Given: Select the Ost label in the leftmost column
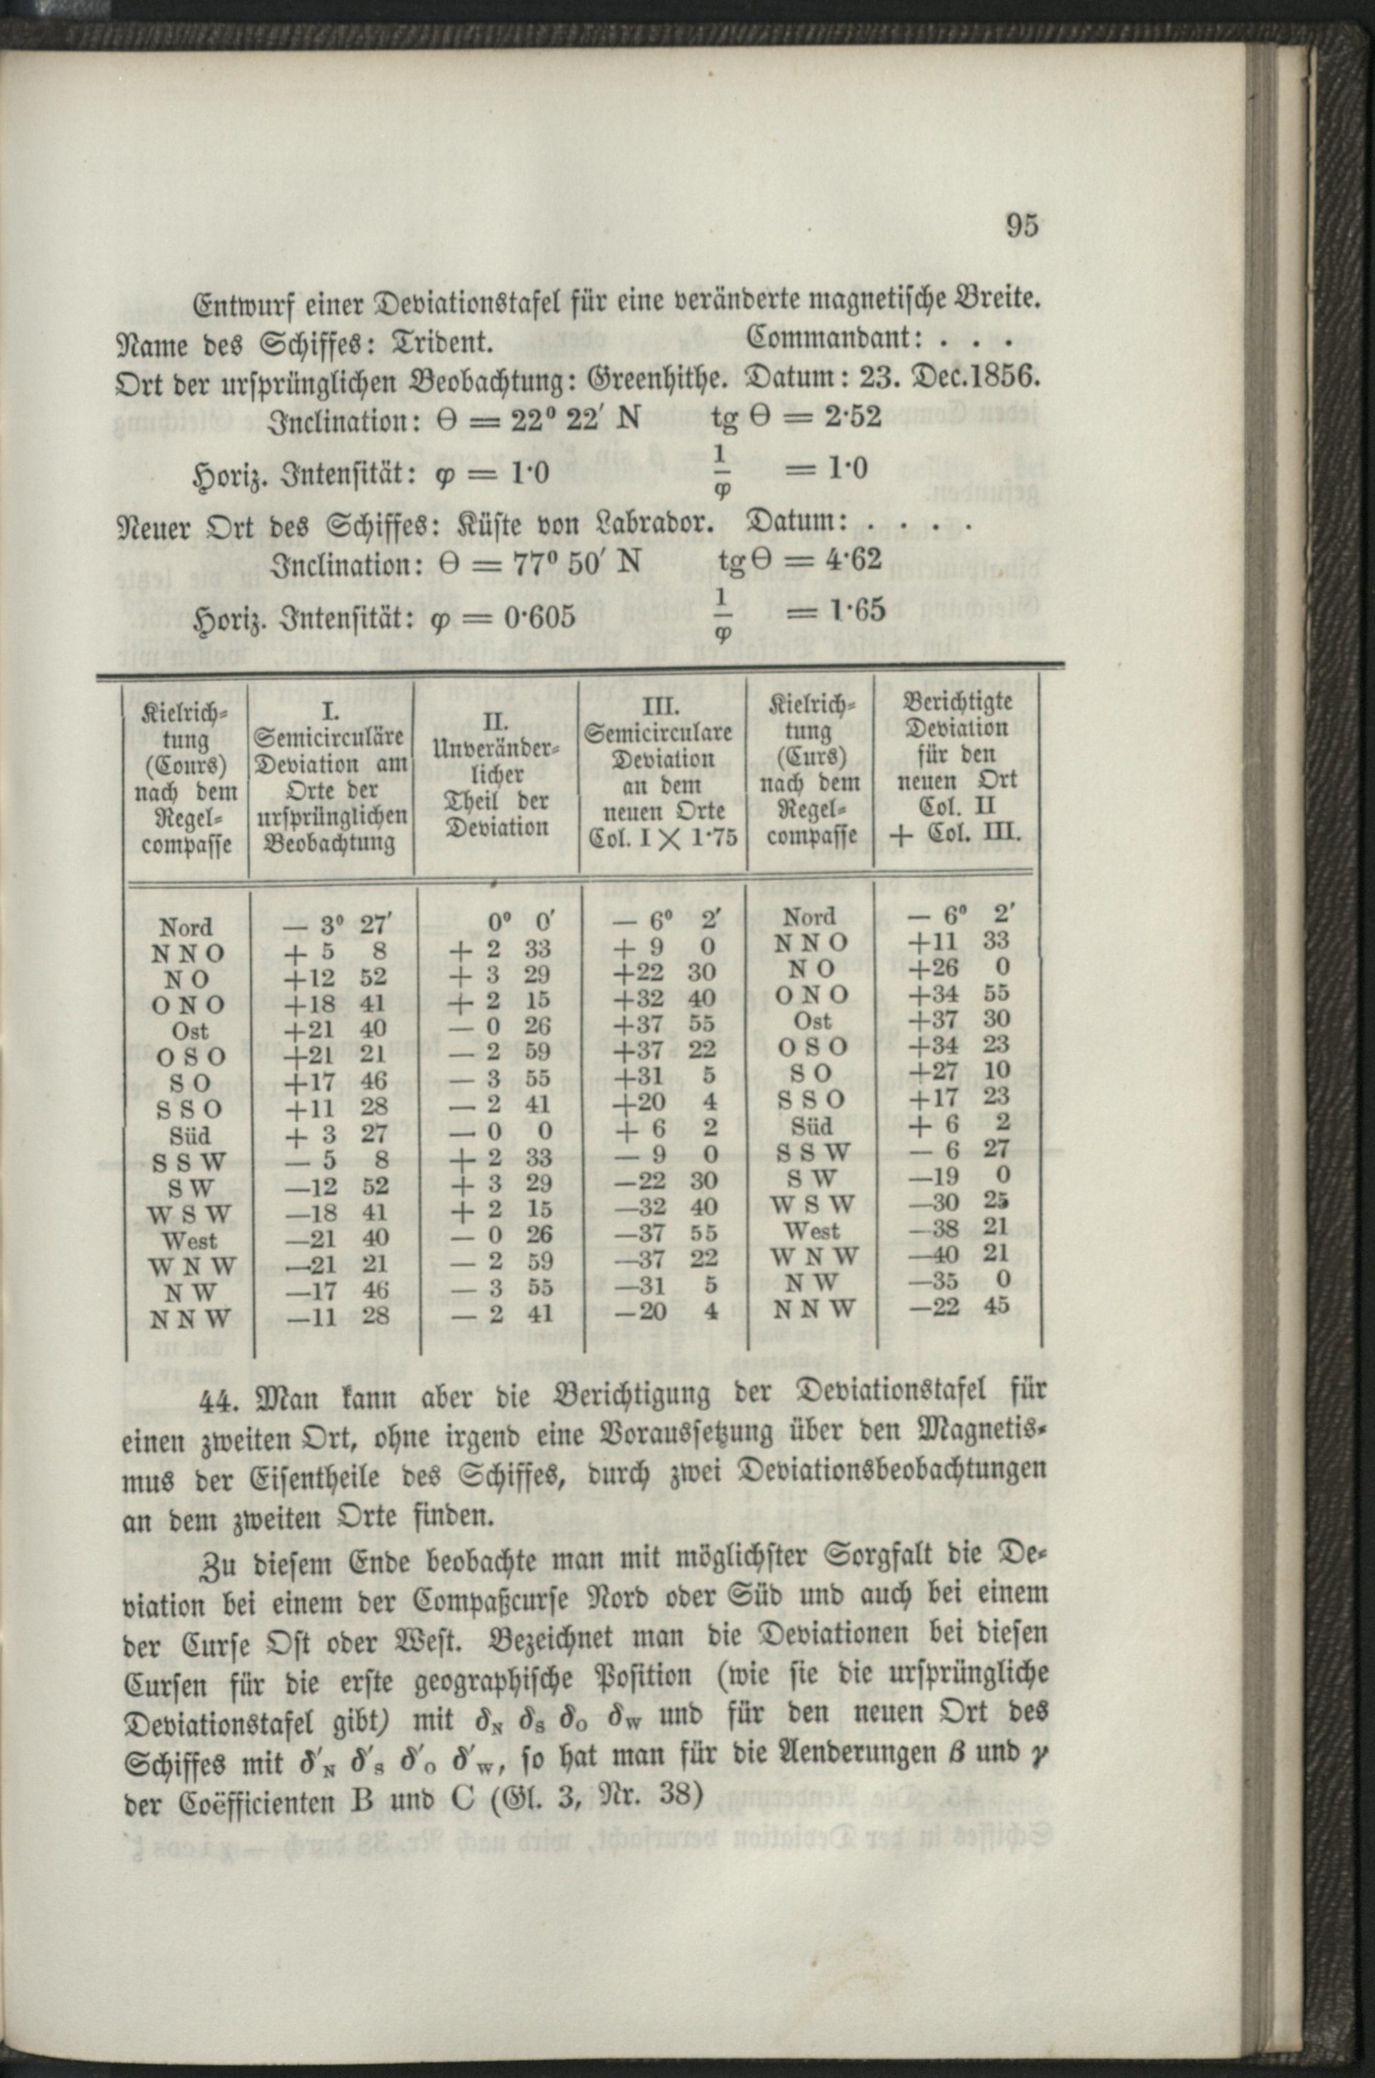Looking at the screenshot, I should pyautogui.click(x=190, y=1031).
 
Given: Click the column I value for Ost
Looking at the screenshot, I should pyautogui.click(x=335, y=1029).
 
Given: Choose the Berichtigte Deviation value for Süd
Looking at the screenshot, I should pyautogui.click(x=963, y=1123).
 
